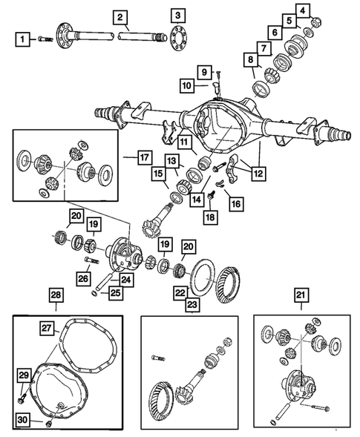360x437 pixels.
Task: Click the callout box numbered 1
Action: tap(24, 38)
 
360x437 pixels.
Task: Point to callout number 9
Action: tap(304, 10)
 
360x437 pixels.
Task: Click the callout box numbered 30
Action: tap(23, 420)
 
